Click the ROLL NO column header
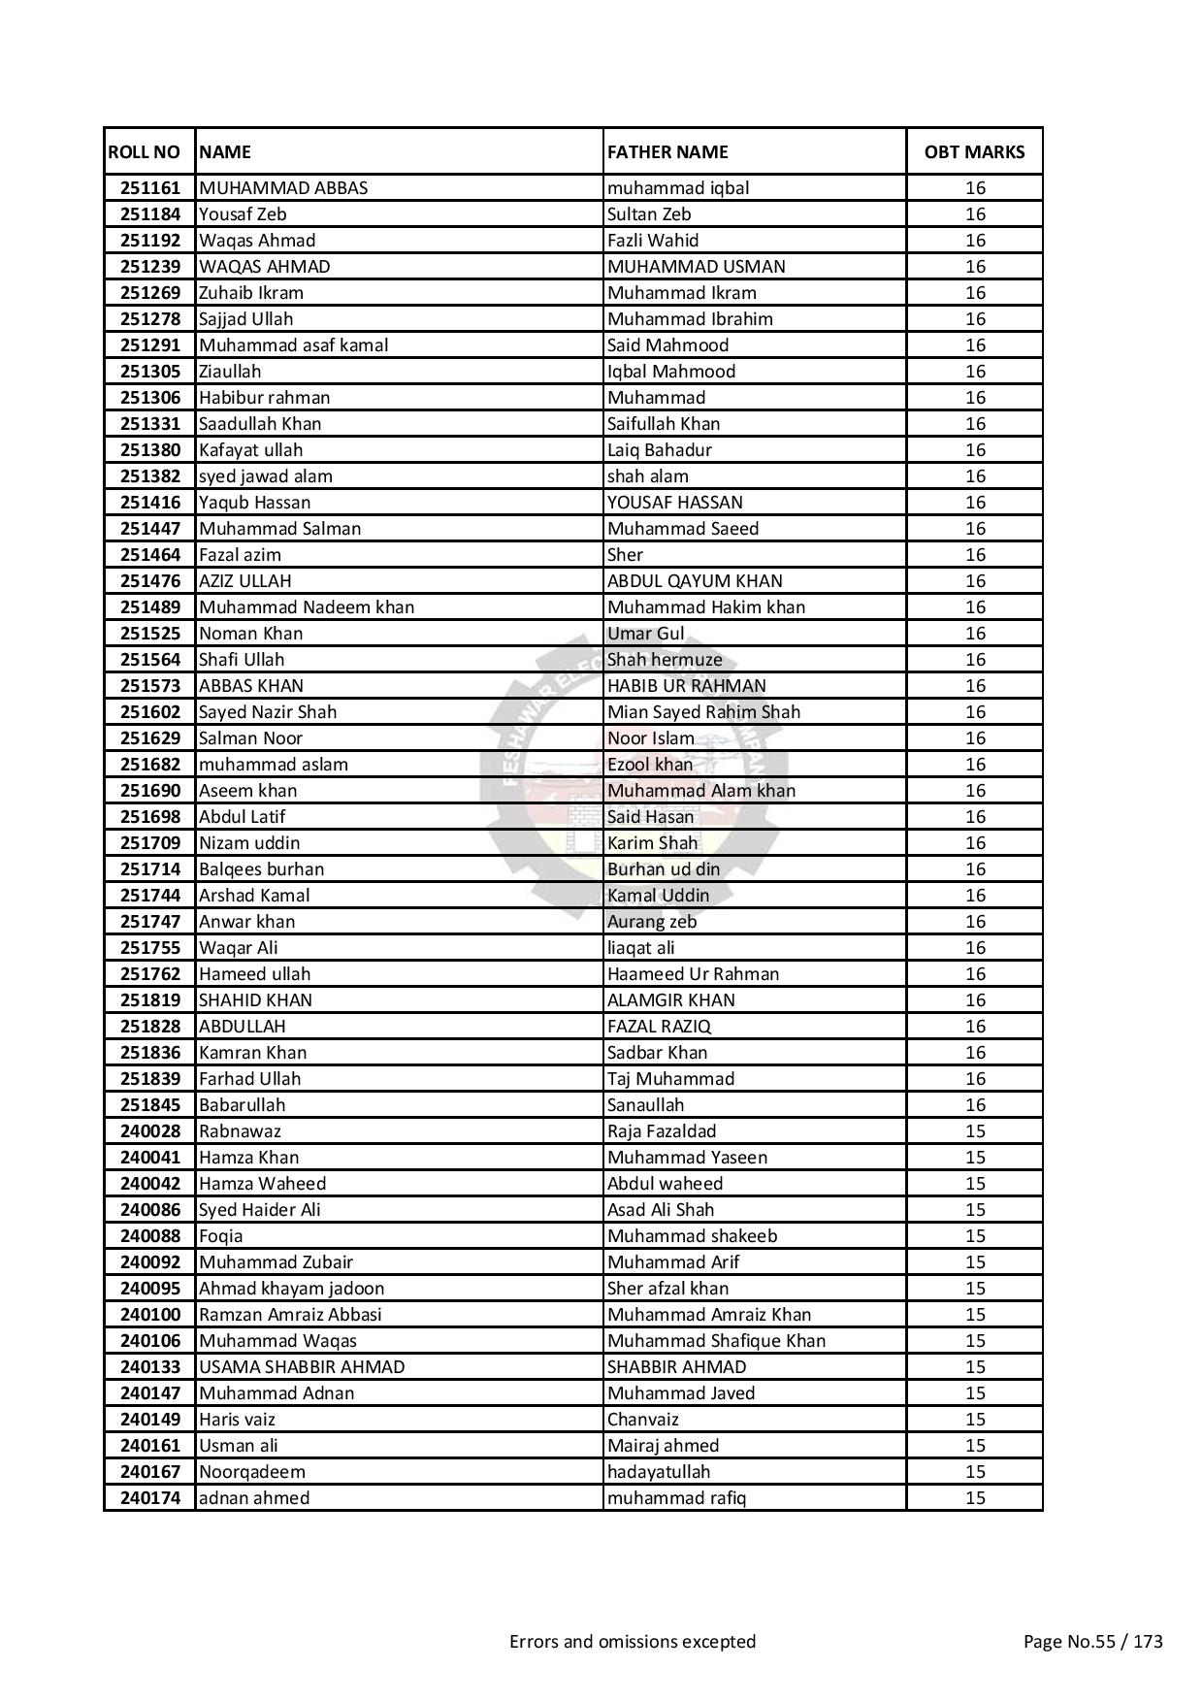click(x=144, y=151)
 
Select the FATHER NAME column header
click(x=667, y=151)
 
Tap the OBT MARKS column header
click(x=974, y=151)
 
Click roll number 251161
click(x=150, y=188)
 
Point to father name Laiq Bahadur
click(x=660, y=450)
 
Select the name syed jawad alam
click(x=266, y=476)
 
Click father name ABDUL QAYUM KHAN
click(x=695, y=581)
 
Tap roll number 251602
click(x=150, y=712)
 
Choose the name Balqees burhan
click(x=262, y=869)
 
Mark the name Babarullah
click(x=243, y=1105)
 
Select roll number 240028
click(x=150, y=1131)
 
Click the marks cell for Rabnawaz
click(x=975, y=1131)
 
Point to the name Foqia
click(x=221, y=1236)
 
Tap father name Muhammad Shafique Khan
click(x=716, y=1341)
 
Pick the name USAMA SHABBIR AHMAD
click(x=302, y=1367)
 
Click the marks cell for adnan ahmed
click(x=975, y=1498)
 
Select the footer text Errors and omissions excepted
click(x=633, y=1642)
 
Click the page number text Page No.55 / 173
click(x=1092, y=1642)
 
